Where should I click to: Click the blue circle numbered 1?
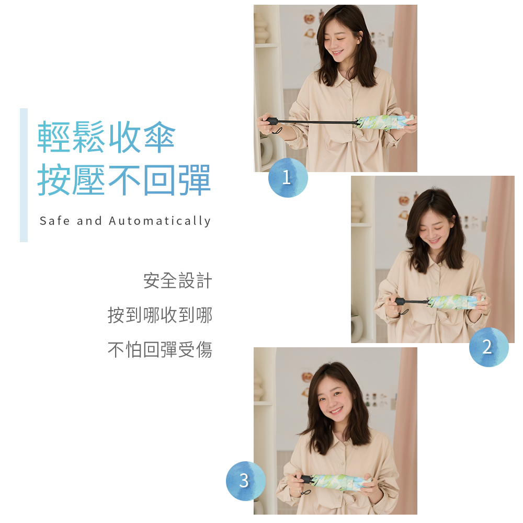(288, 177)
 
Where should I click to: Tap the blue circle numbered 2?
(488, 347)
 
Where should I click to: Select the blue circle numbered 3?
(246, 481)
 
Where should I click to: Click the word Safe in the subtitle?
(54, 221)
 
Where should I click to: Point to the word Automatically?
(160, 221)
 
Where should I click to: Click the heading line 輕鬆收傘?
(106, 137)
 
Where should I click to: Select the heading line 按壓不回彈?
(124, 180)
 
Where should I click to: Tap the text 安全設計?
(177, 280)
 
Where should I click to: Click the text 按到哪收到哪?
(160, 315)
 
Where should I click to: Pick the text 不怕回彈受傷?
(160, 350)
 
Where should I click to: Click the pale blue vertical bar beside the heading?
(24, 175)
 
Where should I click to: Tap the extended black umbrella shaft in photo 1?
(317, 122)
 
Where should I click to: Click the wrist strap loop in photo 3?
(305, 493)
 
